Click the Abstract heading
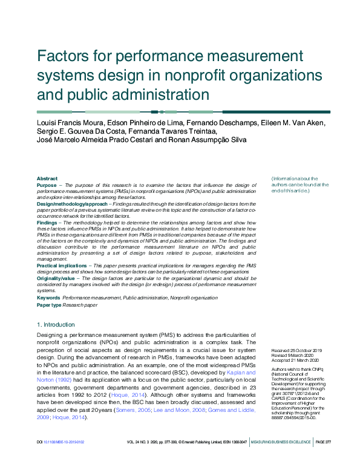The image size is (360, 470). [x=47, y=178]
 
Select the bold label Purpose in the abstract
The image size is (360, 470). [x=47, y=185]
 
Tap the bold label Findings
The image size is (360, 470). [x=47, y=223]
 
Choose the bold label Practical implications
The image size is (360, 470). [x=62, y=266]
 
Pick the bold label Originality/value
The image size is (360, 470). [x=56, y=278]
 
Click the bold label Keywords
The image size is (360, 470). [x=48, y=298]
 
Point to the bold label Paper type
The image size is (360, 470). [x=50, y=305]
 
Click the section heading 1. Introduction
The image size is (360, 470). [x=56, y=325]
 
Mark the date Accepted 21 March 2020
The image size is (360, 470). [x=296, y=361]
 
